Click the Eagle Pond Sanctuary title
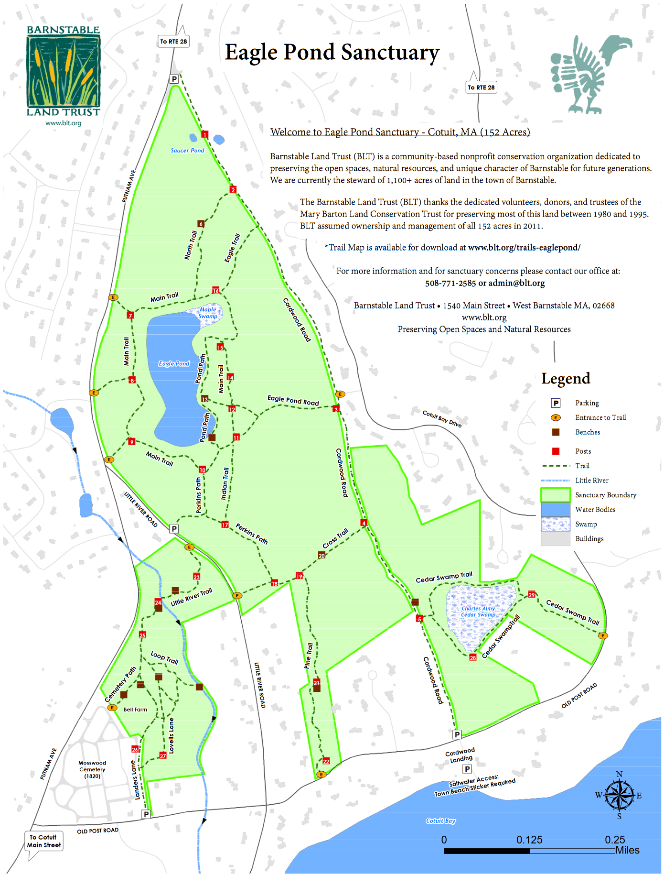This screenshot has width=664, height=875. click(x=332, y=53)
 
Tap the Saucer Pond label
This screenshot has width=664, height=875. click(x=187, y=150)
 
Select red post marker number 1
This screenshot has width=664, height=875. click(x=205, y=134)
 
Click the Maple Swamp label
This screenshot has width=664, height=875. click(x=208, y=313)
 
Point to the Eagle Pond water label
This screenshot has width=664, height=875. click(x=174, y=363)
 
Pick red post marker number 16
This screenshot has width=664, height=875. click(x=215, y=290)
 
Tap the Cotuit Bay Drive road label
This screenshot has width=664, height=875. click(x=442, y=418)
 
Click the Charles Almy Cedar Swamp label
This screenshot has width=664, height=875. click(x=478, y=612)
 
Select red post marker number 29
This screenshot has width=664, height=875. click(x=532, y=595)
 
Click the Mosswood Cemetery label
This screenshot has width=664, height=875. click(x=92, y=769)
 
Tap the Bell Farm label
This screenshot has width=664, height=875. click(x=135, y=710)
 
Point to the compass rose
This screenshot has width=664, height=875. click(x=619, y=795)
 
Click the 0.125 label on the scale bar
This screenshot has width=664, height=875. click(x=529, y=840)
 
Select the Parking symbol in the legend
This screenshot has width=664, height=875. click(x=556, y=403)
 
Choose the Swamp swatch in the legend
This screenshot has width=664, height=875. click(x=556, y=524)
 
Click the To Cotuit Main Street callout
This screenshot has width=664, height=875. click(x=44, y=841)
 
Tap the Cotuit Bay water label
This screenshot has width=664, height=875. click(x=440, y=820)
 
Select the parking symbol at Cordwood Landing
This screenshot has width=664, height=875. click(x=467, y=769)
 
